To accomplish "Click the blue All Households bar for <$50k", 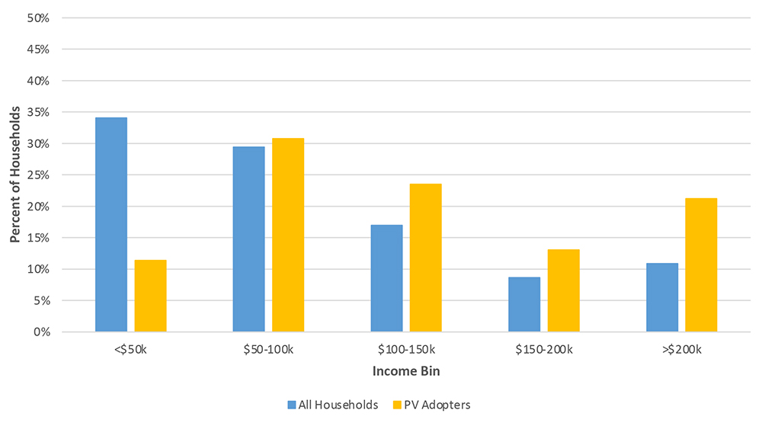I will (111, 225).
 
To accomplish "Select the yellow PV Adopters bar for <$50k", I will (150, 296).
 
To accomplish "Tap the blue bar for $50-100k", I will (248, 239).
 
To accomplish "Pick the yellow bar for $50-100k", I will (288, 235).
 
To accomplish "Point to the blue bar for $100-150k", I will (386, 278).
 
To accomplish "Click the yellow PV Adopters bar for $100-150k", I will (425, 258).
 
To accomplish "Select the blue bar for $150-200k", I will (524, 304).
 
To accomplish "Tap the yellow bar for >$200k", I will (701, 265).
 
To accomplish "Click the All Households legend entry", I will (333, 405).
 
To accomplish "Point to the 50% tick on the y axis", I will (37, 18).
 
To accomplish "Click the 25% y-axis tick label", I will (37, 175).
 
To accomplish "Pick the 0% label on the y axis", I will (40, 332).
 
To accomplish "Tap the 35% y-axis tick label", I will (37, 112).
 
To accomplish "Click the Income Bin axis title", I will (406, 372).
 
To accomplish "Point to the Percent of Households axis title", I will (14, 175).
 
